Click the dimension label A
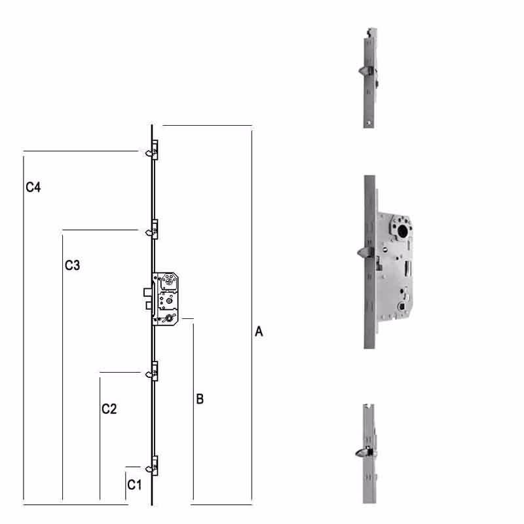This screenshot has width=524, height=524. tap(259, 333)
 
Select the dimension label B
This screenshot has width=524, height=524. tap(200, 398)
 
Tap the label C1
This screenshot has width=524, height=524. tap(134, 485)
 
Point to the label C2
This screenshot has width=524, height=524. tap(109, 409)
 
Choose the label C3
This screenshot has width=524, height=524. tap(72, 265)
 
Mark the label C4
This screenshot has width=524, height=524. tap(33, 187)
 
